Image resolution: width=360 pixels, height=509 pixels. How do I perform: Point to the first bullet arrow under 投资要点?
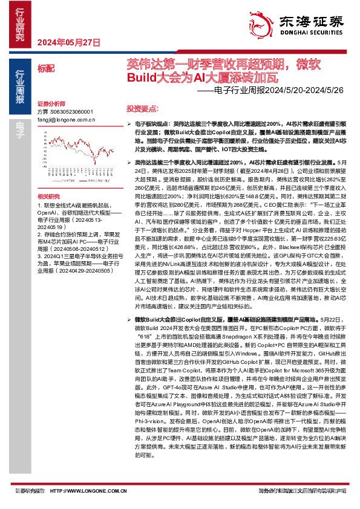coord(130,123)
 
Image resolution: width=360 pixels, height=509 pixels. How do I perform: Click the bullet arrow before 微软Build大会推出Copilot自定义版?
coord(130,318)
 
